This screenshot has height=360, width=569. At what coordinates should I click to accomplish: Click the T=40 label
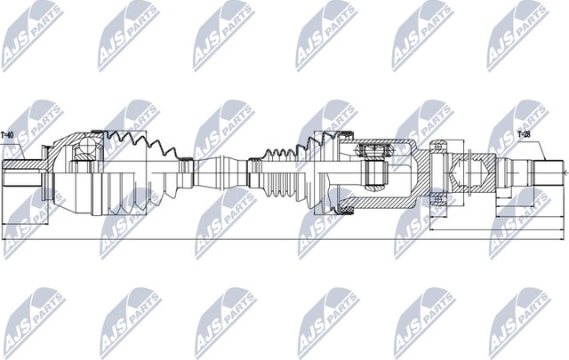pos(8,135)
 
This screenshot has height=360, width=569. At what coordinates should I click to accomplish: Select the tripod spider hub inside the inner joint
pos(373,167)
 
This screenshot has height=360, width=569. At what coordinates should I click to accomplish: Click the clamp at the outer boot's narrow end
pos(185,167)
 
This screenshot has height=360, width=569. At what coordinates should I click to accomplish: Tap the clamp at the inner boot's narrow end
pos(254,167)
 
